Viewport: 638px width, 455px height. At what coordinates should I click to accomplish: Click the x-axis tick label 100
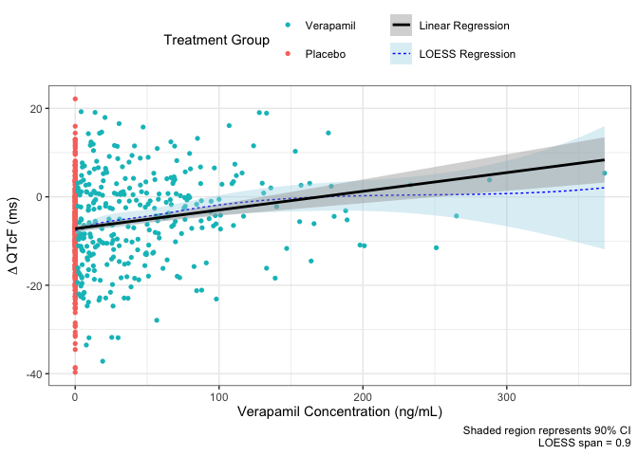tap(218, 394)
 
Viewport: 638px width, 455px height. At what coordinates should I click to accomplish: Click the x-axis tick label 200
tap(363, 394)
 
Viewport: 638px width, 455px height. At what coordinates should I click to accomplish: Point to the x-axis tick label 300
tap(506, 394)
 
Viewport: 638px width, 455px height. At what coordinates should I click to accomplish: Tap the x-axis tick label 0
tap(75, 394)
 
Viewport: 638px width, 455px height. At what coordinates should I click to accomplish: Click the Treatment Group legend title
tap(216, 40)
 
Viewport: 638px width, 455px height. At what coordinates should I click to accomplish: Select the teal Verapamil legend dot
tap(290, 25)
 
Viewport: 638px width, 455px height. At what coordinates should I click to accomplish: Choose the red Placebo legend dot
tap(290, 54)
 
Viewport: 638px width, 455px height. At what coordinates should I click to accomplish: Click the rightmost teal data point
tap(604, 173)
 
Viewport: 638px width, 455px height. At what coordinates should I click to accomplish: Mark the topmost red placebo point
tap(75, 99)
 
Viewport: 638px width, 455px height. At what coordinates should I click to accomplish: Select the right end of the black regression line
tap(605, 159)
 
